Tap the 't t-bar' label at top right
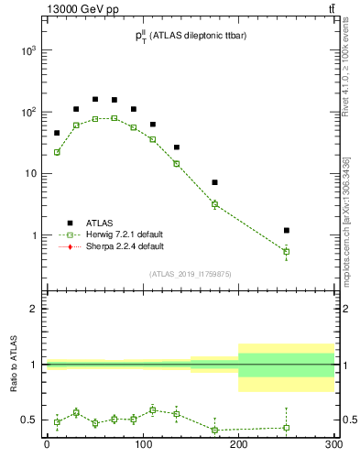click(329, 8)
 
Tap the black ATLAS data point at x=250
click(287, 230)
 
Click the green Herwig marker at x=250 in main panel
click(287, 251)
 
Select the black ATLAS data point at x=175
click(214, 182)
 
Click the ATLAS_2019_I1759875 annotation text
click(190, 273)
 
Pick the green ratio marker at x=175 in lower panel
click(214, 430)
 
